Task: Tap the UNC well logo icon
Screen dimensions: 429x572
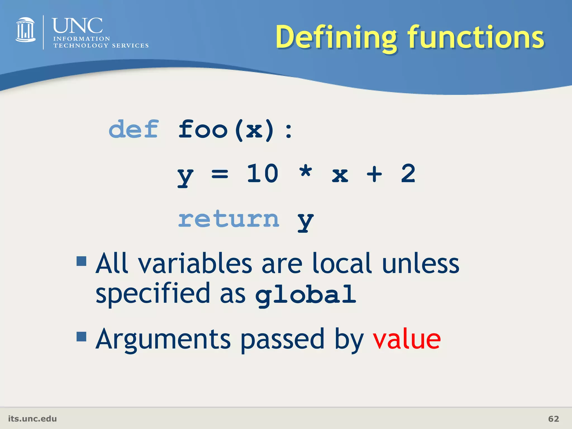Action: [x=25, y=30]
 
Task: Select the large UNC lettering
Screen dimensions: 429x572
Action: [x=77, y=26]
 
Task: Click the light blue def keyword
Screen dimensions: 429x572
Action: [x=134, y=129]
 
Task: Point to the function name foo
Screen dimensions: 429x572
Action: [x=203, y=129]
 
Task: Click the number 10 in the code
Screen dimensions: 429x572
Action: [x=263, y=174]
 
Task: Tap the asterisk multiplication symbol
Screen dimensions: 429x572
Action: [x=306, y=171]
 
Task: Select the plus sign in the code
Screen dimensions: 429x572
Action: [x=374, y=174]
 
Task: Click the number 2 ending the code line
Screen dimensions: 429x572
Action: [x=408, y=174]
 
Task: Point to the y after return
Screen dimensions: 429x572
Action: [x=306, y=221]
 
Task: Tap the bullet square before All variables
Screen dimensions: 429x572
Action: [x=82, y=261]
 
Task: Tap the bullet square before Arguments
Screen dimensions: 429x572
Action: [x=82, y=337]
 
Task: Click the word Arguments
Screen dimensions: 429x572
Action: [x=163, y=339]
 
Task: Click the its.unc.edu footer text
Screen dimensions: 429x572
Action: [x=32, y=419]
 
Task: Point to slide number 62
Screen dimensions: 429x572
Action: [x=554, y=419]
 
